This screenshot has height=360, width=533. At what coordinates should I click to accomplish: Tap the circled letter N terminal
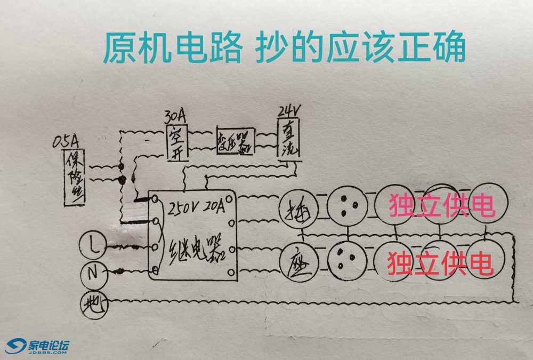tap(93, 274)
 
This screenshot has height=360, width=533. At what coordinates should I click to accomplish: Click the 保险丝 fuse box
tap(75, 176)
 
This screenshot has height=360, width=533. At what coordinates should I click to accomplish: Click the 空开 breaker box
tap(176, 142)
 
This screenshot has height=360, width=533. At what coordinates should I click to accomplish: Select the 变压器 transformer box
tap(235, 141)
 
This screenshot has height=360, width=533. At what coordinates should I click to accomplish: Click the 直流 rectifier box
tap(289, 140)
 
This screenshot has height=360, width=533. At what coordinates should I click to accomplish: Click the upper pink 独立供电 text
tap(442, 206)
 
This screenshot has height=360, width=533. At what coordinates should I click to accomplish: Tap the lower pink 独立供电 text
tap(440, 261)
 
